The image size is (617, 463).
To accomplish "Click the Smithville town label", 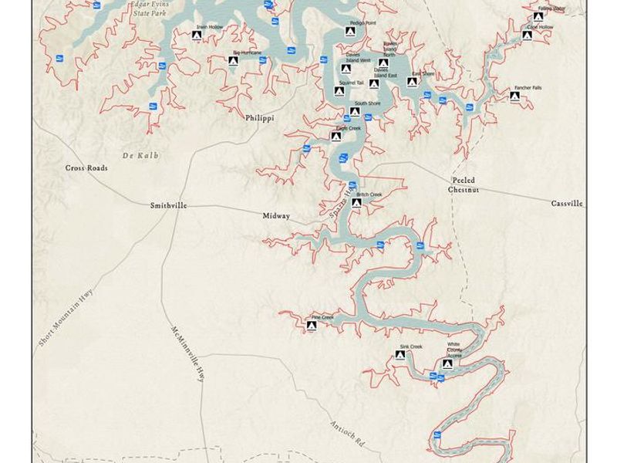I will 169,206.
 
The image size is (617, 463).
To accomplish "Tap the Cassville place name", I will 567,204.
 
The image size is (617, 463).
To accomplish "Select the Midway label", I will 276,217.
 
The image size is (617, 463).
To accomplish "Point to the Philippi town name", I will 260,118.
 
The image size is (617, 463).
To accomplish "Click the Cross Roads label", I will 86,167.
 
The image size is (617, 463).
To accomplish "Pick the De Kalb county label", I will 140,155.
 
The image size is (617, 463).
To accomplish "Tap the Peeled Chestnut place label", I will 464,184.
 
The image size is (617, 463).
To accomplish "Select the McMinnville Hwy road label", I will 187,354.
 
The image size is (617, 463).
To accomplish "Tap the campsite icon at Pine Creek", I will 312,326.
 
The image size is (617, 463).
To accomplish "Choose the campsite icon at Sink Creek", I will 400,356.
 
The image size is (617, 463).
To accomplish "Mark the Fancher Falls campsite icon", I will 514,96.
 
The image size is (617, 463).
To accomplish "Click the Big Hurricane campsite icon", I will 233,60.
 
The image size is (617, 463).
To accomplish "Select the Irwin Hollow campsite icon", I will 197,35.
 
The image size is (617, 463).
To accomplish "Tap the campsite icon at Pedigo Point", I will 350,32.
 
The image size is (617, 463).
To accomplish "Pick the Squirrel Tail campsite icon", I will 339,91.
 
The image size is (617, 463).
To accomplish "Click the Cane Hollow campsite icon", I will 527,35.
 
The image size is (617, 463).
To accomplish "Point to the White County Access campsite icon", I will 447,363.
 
